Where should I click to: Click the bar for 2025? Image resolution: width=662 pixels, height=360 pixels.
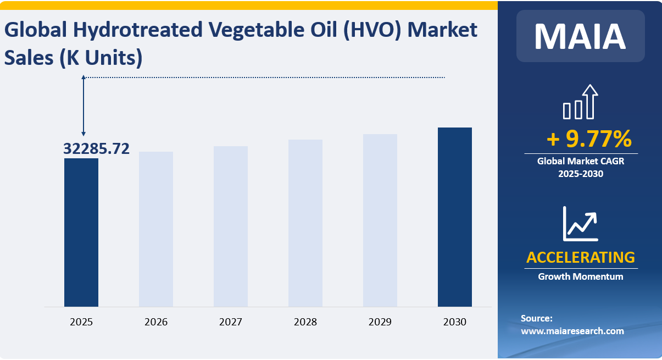81,232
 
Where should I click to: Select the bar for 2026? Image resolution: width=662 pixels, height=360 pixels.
156,229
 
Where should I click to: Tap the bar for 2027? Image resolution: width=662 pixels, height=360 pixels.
231,226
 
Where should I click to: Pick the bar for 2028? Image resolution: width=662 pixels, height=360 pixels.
305,223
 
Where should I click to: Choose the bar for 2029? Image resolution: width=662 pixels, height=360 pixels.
380,220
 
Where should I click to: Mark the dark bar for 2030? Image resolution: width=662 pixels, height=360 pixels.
455,217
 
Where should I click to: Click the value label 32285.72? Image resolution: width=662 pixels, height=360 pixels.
97,148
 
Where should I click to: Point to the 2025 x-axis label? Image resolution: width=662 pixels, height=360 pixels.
81,322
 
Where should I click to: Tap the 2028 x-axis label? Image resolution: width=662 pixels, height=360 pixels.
305,322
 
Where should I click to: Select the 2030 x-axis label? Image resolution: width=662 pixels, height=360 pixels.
455,322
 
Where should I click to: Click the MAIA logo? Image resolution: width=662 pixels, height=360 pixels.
580,36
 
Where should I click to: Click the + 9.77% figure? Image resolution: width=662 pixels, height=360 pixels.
589,140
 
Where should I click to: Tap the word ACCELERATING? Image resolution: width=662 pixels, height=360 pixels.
581,257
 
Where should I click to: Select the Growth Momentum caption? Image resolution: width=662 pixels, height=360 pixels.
581,276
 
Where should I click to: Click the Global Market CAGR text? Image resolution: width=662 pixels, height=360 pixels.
581,162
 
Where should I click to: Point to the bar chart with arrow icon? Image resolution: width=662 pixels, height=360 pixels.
580,102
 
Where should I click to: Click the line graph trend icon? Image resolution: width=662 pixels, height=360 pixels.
580,224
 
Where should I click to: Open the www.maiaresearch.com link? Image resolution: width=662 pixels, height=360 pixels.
572,331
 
